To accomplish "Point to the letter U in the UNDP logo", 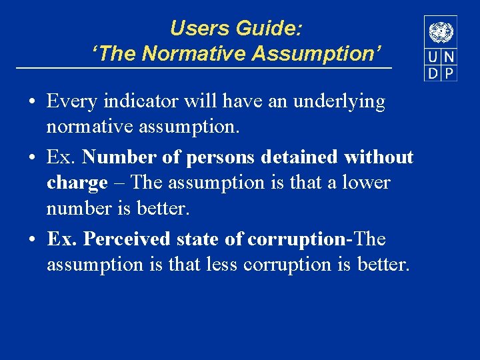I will (433, 58).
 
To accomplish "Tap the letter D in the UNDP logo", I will (433, 73).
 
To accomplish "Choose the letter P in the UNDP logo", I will (449, 73).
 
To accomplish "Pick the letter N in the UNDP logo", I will (449, 58).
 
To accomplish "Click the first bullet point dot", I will (32, 102).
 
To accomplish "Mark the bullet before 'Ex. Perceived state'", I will (32, 239).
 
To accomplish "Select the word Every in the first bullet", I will (70, 102).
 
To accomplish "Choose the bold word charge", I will (77, 183).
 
